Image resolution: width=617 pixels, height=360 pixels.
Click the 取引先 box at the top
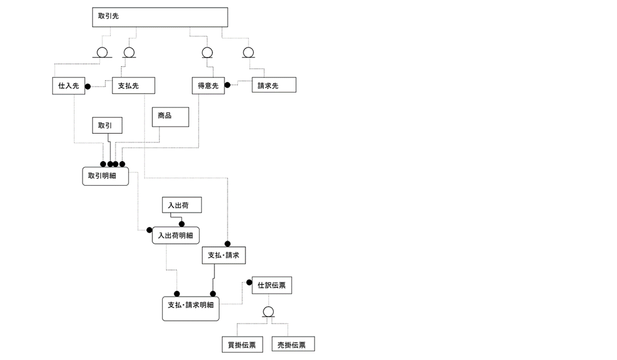(159, 16)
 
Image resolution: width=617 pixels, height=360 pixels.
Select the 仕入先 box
(68, 86)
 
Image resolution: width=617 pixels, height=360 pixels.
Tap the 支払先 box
(134, 86)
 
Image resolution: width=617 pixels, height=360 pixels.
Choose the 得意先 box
(208, 86)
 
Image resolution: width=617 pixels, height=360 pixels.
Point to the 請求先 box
(274, 86)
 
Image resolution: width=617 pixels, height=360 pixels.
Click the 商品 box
(170, 117)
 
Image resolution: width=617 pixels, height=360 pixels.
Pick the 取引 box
(108, 125)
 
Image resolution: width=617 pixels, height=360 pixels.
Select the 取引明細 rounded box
(105, 176)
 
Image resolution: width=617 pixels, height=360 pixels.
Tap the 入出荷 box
(182, 205)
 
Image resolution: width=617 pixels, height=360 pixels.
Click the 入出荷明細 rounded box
(175, 236)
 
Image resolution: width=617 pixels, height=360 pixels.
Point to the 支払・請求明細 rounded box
(191, 309)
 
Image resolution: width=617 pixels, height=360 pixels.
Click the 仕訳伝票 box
(271, 285)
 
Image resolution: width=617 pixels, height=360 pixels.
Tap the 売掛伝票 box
(293, 344)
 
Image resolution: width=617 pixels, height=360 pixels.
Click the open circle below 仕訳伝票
(267, 312)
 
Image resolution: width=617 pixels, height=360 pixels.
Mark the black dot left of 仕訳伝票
(249, 282)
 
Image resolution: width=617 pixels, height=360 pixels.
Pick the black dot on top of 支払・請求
(227, 244)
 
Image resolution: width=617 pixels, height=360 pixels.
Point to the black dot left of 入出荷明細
(149, 230)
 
